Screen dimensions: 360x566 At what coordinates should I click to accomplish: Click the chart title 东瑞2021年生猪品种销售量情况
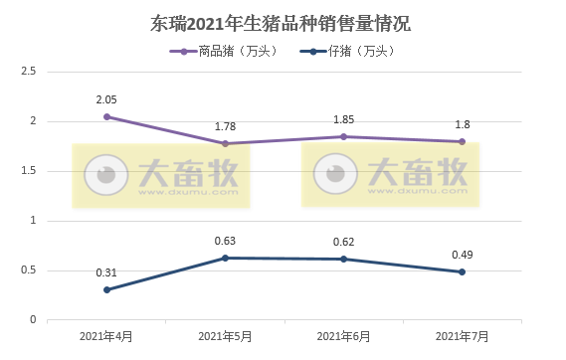pos(283,22)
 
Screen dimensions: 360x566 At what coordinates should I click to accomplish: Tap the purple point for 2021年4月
pos(106,116)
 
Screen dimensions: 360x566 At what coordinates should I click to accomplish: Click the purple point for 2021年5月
pos(225,143)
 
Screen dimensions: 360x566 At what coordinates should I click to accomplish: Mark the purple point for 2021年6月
pos(343,136)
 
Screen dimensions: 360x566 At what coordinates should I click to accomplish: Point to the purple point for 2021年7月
pos(462,141)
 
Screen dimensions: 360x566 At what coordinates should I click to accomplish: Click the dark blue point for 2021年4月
pos(106,289)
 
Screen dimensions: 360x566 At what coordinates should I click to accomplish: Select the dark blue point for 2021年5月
pos(225,258)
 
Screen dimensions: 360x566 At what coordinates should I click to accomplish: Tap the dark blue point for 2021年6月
pos(343,259)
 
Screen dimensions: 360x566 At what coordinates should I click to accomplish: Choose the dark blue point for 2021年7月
pos(462,271)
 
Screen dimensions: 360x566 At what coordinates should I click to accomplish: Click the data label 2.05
pos(106,99)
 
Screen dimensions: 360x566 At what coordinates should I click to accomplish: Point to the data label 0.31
pos(106,272)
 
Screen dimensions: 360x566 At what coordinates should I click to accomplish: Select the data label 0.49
pos(462,255)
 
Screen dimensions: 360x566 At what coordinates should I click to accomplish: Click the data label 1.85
pos(343,119)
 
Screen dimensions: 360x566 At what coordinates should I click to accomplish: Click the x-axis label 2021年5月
pos(225,337)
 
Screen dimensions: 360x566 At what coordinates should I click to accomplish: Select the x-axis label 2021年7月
pos(462,337)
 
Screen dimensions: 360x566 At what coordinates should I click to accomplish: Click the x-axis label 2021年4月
pos(106,337)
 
